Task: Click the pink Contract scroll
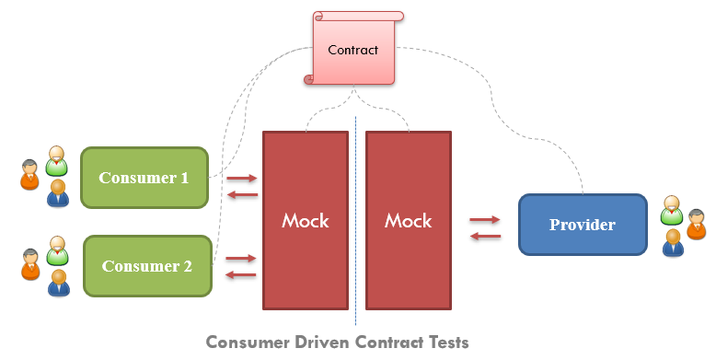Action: [353, 50]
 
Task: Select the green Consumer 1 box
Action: [144, 178]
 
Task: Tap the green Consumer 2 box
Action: [147, 266]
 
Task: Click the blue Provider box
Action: [582, 224]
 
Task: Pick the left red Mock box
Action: [306, 220]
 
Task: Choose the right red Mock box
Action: [408, 220]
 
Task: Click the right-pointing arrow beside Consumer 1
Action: [242, 178]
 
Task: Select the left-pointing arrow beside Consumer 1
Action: [242, 193]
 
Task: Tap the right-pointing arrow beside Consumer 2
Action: [242, 259]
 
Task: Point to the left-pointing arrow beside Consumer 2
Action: [242, 274]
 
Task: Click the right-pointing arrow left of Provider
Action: [485, 220]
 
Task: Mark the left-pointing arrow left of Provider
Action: [485, 236]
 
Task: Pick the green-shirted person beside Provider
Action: [673, 212]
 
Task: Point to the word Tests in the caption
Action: [445, 343]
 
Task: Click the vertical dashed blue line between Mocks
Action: [356, 221]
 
